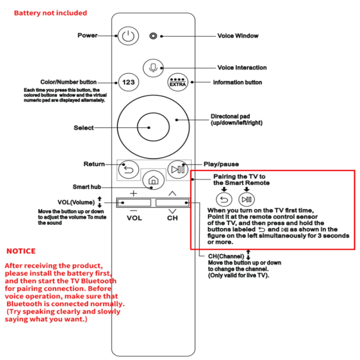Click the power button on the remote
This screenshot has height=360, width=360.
point(128,36)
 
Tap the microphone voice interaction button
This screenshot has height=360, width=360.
point(153,68)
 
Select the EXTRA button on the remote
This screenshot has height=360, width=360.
point(178,82)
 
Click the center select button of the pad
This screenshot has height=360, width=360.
point(153,127)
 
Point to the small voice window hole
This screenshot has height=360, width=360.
point(154,36)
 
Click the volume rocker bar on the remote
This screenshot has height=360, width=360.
point(133,203)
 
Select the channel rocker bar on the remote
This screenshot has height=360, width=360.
point(172,203)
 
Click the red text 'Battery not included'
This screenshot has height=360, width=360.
point(50,13)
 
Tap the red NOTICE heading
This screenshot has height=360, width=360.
point(21,251)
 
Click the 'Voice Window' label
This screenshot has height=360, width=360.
point(238,36)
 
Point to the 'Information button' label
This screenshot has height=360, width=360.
point(237,82)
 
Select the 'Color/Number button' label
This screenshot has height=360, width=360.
point(68,82)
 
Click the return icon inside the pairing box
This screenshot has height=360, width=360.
point(224,199)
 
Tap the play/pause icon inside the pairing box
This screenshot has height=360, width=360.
point(247,199)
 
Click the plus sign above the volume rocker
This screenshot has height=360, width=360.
point(133,193)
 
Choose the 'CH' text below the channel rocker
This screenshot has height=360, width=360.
point(172,218)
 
